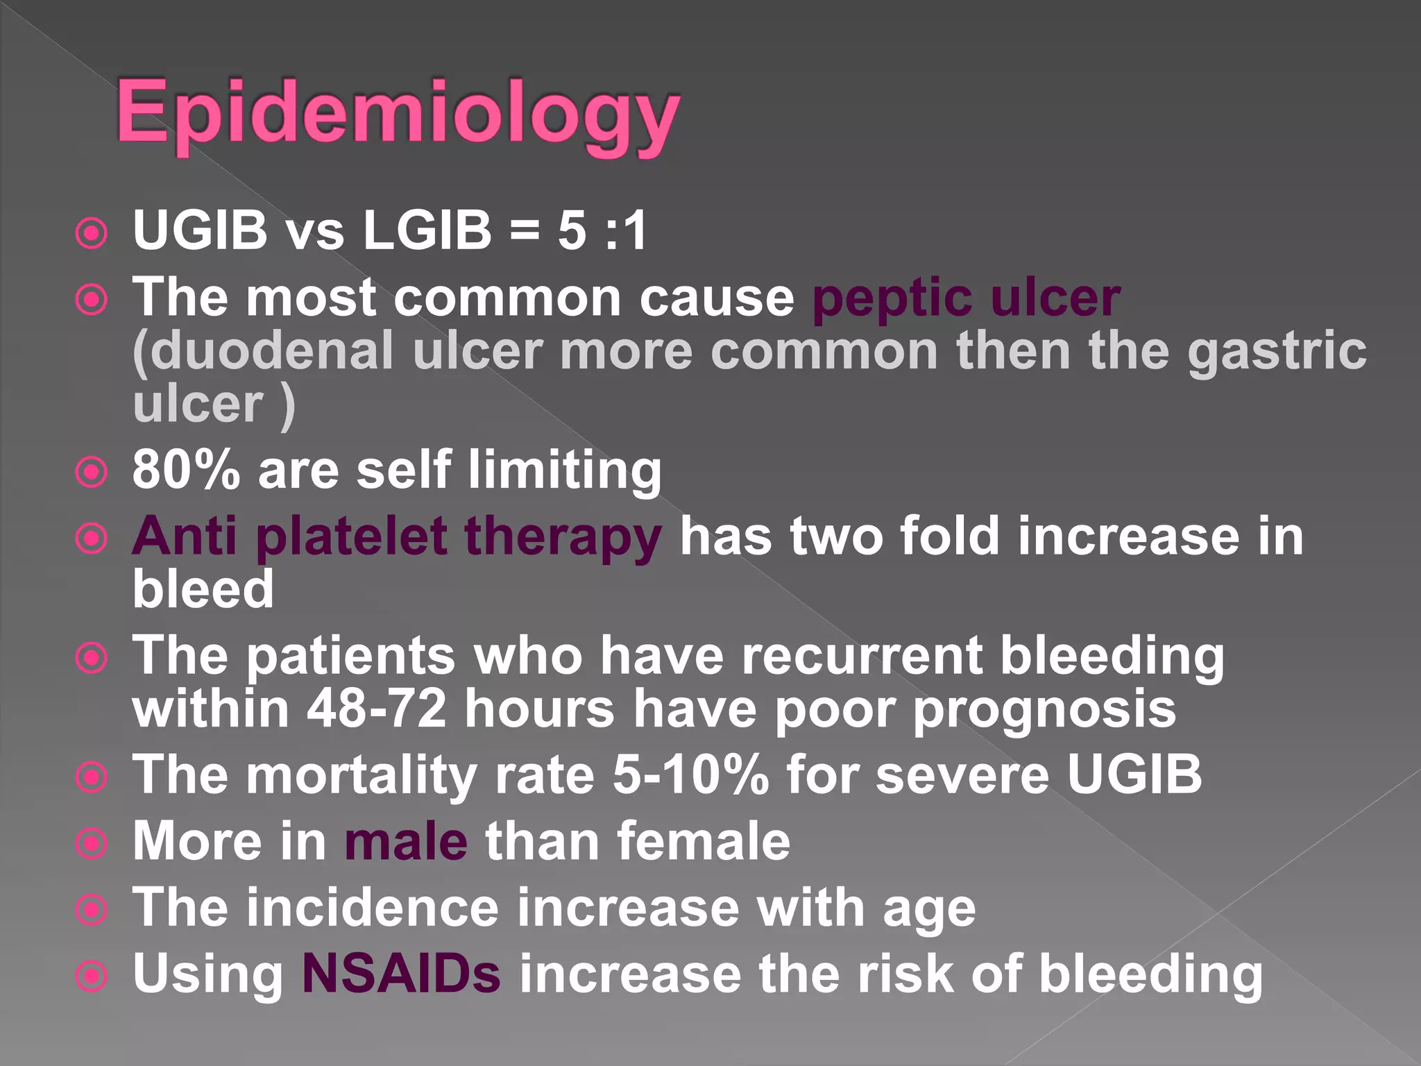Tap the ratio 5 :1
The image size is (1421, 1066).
click(x=602, y=230)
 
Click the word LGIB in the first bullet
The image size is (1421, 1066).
click(x=427, y=230)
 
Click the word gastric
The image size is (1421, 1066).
click(x=1276, y=350)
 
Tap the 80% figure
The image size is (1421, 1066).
click(x=186, y=469)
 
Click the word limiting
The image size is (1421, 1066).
click(x=565, y=471)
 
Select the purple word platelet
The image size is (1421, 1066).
click(x=351, y=537)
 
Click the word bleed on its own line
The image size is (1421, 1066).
click(x=203, y=589)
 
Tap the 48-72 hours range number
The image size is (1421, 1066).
click(x=377, y=708)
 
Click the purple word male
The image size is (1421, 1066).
click(x=406, y=841)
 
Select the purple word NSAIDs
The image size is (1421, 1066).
click(x=401, y=973)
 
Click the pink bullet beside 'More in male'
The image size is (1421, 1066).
click(x=92, y=844)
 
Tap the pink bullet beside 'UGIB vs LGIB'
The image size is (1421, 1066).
click(x=92, y=234)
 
